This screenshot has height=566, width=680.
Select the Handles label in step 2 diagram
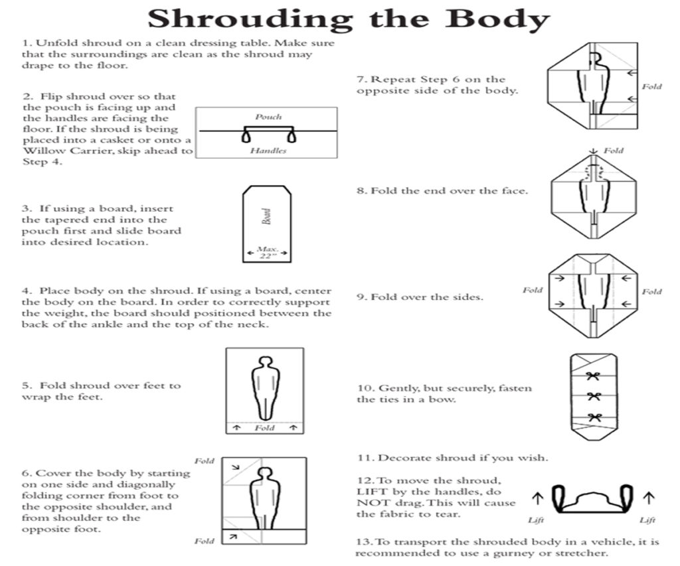(x=268, y=151)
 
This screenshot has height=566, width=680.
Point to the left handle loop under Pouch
(x=247, y=136)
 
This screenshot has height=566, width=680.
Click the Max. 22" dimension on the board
(x=267, y=252)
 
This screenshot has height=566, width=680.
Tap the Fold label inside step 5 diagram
(x=264, y=428)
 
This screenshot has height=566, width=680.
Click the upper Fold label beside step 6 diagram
(x=205, y=460)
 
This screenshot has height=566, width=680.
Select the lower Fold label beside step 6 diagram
(x=205, y=541)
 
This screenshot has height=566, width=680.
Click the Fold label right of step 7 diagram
(x=651, y=86)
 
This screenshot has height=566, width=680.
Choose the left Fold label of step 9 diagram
(x=532, y=290)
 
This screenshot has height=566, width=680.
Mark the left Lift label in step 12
(x=536, y=520)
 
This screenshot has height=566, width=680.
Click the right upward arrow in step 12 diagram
(x=649, y=496)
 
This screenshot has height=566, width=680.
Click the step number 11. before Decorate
(x=365, y=458)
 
